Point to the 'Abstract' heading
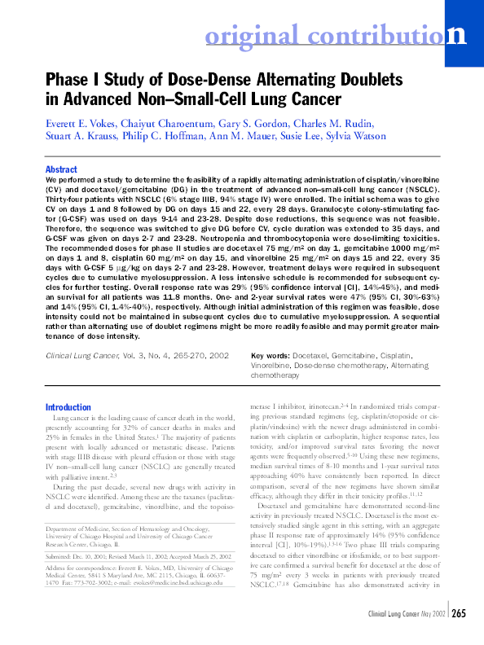pos(62,169)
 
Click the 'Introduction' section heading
pos(68,407)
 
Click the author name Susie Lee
pos(281,135)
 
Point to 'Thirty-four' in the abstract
pos(68,200)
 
